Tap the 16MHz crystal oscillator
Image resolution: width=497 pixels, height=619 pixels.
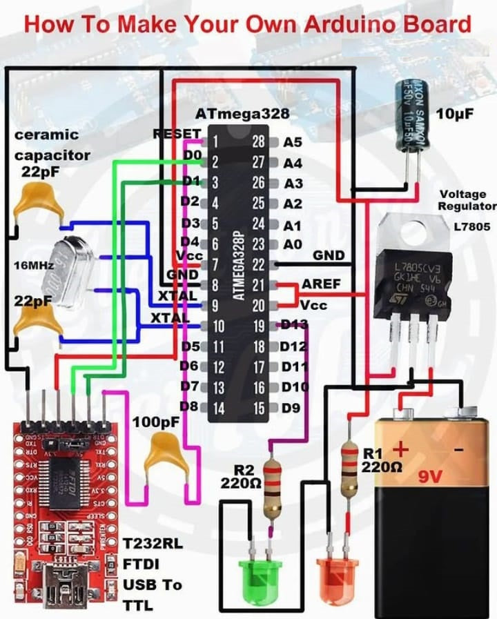[x=61, y=269]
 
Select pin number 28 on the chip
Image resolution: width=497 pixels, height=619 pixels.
[x=258, y=142]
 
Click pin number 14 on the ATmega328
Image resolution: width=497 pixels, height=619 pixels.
[x=218, y=408]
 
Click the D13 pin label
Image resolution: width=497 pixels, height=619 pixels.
[x=294, y=325]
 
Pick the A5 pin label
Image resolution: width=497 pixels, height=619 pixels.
[x=293, y=142]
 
